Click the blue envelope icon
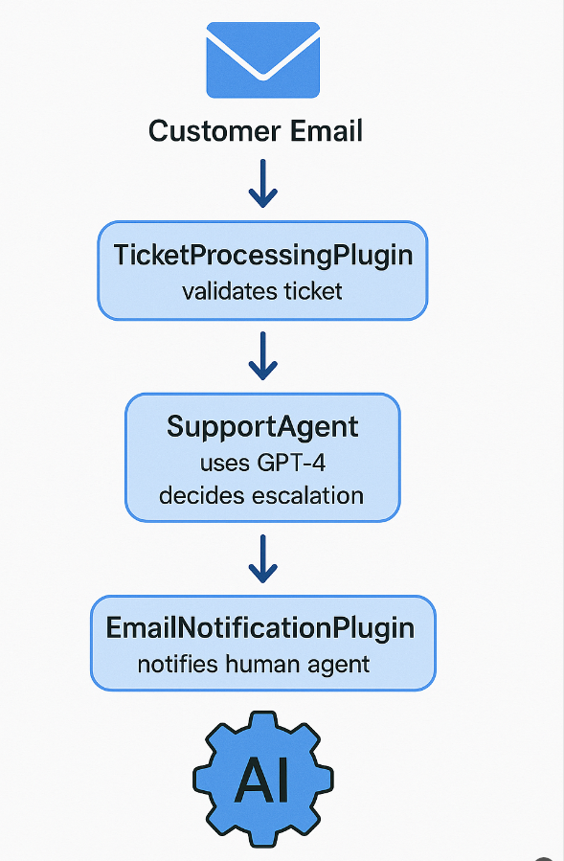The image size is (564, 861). [x=262, y=60]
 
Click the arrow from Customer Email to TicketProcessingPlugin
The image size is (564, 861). [x=262, y=185]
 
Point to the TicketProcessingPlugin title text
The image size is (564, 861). [x=263, y=255]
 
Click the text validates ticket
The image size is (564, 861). [x=262, y=290]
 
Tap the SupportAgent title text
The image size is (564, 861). [x=262, y=426]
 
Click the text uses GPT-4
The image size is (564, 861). [x=262, y=464]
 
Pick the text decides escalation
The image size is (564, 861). [x=261, y=495]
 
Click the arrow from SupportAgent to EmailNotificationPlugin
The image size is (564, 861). [x=262, y=559]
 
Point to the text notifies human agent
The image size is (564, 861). [x=253, y=664]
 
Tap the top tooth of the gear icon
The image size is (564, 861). [x=263, y=720]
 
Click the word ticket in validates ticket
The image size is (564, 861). [x=311, y=290]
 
